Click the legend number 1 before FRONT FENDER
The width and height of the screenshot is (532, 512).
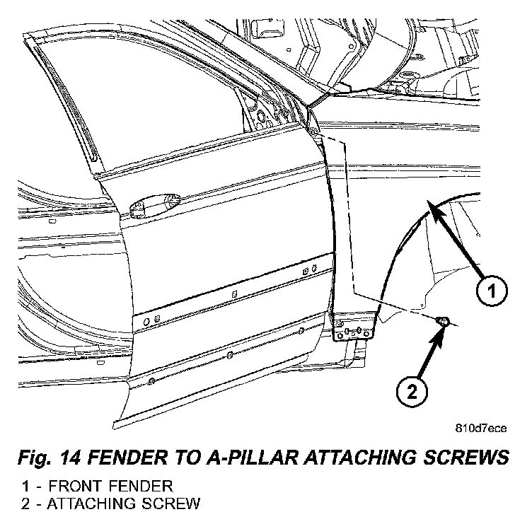[25, 487]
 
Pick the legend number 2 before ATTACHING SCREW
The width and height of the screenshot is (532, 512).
[25, 504]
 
